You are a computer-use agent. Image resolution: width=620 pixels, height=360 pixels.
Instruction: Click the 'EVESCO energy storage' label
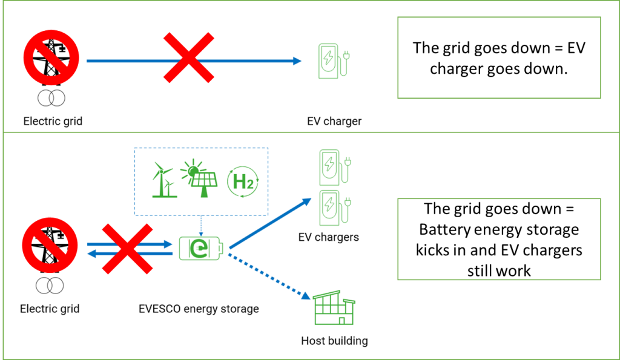[198, 309]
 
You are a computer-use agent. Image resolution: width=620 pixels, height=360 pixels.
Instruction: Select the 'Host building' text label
[334, 341]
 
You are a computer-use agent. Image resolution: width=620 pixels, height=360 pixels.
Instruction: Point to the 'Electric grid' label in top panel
[53, 121]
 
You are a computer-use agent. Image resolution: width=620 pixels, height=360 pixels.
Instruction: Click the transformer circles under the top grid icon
[51, 97]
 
